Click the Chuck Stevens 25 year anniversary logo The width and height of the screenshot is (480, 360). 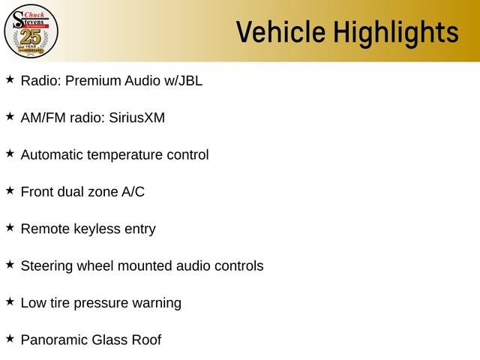31,31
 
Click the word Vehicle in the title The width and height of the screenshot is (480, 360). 280,31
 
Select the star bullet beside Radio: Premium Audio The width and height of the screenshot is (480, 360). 10,79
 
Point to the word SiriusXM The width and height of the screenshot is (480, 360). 136,118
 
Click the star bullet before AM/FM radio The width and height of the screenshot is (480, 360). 10,117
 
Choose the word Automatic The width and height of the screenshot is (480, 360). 52,155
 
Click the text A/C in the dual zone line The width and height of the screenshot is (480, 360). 133,192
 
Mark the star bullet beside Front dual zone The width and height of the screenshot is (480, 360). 10,190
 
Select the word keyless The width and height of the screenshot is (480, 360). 97,229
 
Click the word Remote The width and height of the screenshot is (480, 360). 45,229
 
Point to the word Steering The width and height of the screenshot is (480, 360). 46,267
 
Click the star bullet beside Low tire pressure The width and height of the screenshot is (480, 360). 10,301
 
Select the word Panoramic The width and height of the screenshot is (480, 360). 54,340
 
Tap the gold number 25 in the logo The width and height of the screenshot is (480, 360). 31,37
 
